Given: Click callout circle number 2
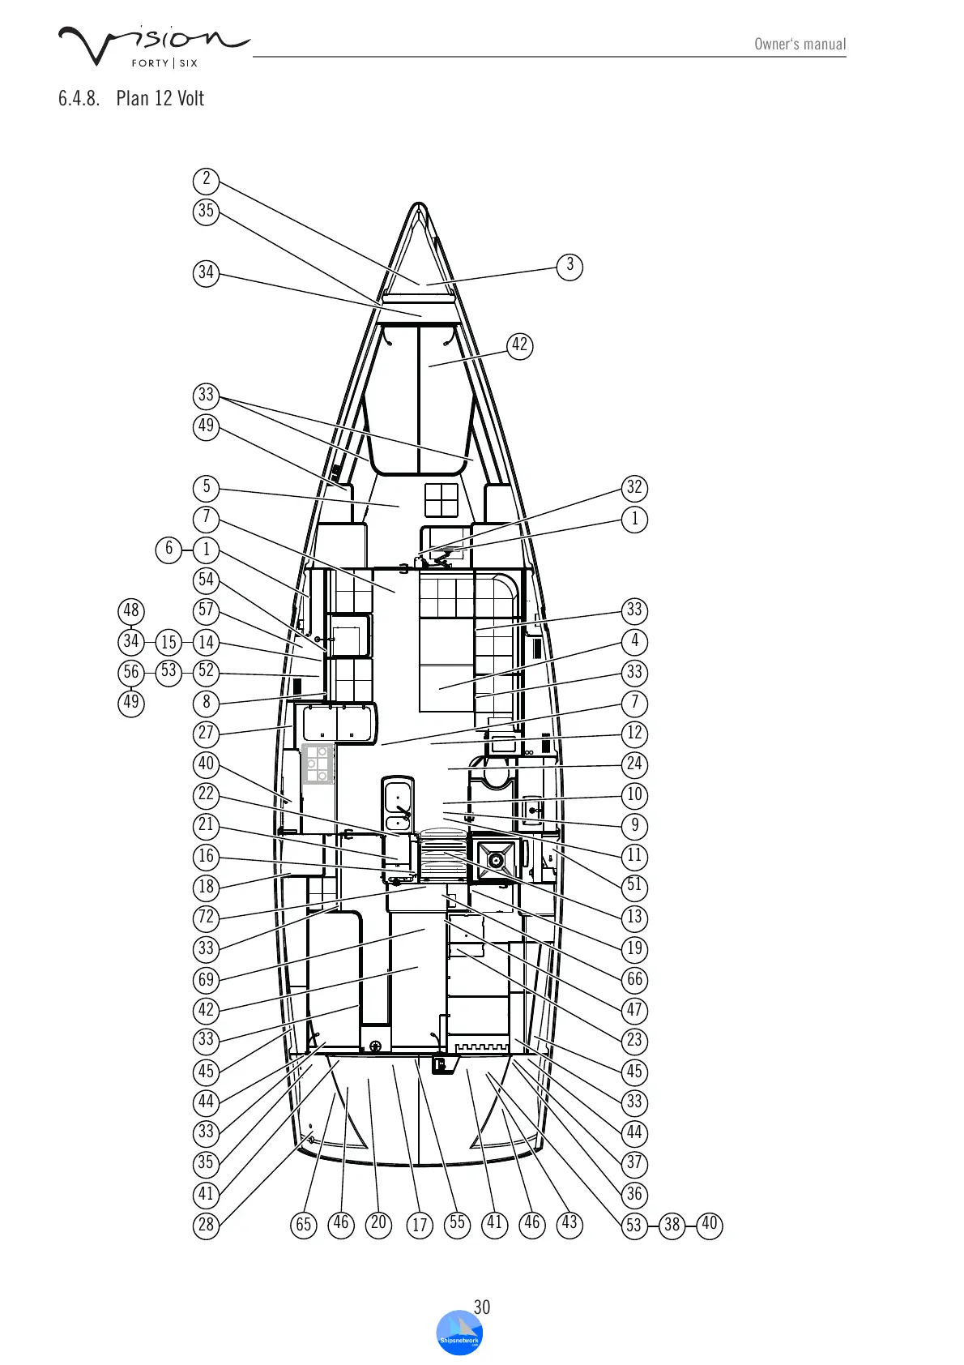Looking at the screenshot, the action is (x=207, y=179).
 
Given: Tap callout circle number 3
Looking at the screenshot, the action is (x=570, y=265).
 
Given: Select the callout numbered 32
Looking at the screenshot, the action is (x=634, y=487).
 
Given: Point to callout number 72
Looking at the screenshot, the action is (x=207, y=918).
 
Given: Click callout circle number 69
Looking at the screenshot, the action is (x=207, y=979).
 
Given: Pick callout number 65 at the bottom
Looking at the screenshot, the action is (x=304, y=1224).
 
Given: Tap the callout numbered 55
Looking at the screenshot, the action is (x=457, y=1223).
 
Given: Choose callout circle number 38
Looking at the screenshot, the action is (x=672, y=1224).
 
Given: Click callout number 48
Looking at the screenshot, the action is (x=131, y=610).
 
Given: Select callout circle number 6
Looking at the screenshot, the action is (x=168, y=549).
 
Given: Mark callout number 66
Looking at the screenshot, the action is (x=634, y=979).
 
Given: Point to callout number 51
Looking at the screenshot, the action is (x=634, y=886).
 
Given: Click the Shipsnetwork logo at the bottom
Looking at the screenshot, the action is (x=459, y=1333).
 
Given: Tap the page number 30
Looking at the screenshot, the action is (x=482, y=1307).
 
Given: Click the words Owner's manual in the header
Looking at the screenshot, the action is (x=800, y=45).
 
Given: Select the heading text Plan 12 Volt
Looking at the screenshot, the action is (x=160, y=99).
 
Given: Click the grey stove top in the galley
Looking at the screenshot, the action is (x=318, y=764).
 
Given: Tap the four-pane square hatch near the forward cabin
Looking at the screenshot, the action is (x=441, y=500).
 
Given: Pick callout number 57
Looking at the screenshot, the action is (x=207, y=610).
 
